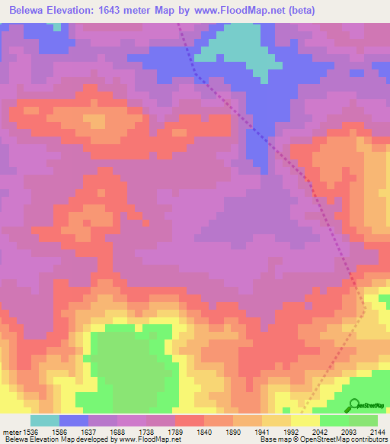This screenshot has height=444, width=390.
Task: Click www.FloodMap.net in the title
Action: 243,11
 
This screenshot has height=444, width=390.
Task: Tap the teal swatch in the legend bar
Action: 45,420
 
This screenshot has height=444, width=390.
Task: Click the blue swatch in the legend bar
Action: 74,420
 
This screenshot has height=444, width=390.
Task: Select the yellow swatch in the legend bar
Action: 305,420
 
